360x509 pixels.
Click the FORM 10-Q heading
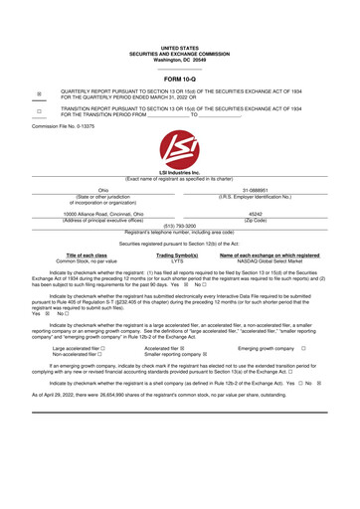(x=179, y=77)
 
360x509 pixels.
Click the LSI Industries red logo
(x=179, y=151)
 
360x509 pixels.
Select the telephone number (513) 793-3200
(x=179, y=226)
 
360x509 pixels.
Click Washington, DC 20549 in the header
(x=179, y=58)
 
